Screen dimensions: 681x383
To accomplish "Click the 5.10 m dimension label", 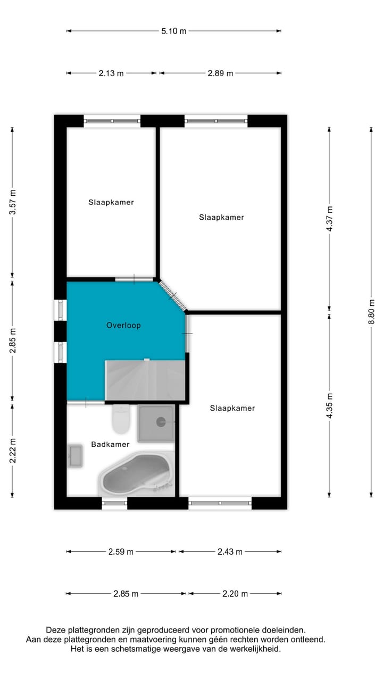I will pyautogui.click(x=174, y=31).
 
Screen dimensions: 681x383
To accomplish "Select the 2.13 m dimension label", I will pyautogui.click(x=111, y=73).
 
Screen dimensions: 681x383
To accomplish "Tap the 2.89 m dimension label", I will pyautogui.click(x=220, y=73).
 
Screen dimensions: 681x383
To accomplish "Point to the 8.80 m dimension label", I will pyautogui.click(x=372, y=313).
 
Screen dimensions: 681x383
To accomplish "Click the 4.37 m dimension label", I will pyautogui.click(x=329, y=219).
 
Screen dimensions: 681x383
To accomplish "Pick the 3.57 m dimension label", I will pyautogui.click(x=12, y=202).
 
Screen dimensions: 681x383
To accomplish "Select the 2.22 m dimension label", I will pyautogui.click(x=12, y=451).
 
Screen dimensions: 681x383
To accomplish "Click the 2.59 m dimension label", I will pyautogui.click(x=120, y=552).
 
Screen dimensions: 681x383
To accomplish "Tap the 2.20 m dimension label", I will pyautogui.click(x=235, y=593).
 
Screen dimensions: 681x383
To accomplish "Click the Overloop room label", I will pyautogui.click(x=123, y=325).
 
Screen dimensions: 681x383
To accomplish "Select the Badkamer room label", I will pyautogui.click(x=110, y=444).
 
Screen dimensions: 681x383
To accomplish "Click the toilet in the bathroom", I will pyautogui.click(x=121, y=420).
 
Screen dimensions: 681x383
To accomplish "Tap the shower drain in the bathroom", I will pyautogui.click(x=161, y=422).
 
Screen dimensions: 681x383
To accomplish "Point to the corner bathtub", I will pyautogui.click(x=137, y=474).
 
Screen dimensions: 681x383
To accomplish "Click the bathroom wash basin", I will pyautogui.click(x=75, y=456).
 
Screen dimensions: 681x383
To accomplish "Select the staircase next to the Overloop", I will pyautogui.click(x=145, y=380).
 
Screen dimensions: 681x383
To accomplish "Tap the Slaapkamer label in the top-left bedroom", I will pyautogui.click(x=111, y=202).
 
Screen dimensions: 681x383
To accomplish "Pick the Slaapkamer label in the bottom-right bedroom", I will pyautogui.click(x=232, y=408).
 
